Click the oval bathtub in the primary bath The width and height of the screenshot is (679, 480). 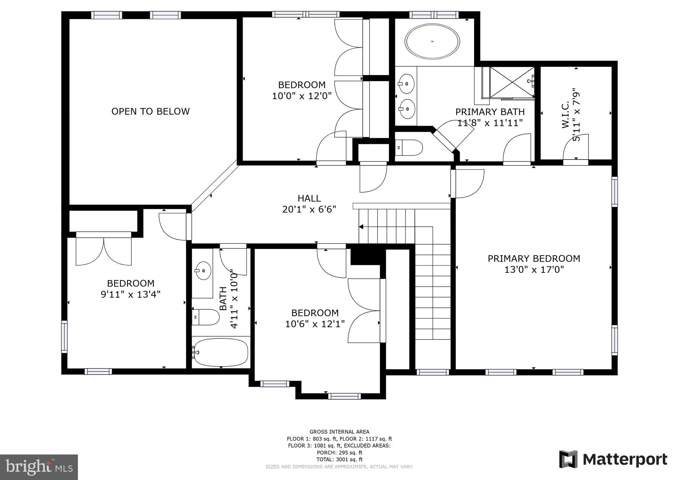(432, 42)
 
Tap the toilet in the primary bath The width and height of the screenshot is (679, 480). (409, 148)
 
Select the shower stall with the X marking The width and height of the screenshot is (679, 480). (512, 82)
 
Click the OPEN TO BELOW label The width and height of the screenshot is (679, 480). (151, 111)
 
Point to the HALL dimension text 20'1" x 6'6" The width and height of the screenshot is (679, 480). (309, 210)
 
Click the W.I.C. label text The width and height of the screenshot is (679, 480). (565, 114)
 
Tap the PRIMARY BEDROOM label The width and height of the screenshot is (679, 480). (534, 259)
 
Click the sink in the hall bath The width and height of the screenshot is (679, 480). (203, 271)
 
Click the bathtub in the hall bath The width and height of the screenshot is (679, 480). (221, 352)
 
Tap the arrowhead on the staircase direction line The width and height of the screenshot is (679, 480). (361, 227)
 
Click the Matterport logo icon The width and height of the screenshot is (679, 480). (568, 459)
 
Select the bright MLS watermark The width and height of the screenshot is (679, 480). (39, 467)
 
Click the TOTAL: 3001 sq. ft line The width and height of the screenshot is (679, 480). (339, 459)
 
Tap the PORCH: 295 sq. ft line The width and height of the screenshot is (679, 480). (339, 452)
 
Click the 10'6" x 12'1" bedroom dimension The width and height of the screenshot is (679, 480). (315, 324)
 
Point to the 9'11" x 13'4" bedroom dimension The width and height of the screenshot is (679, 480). (131, 294)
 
